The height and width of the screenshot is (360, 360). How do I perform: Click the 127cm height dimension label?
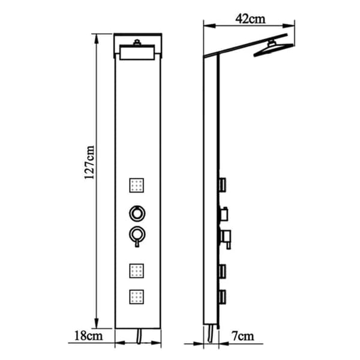pos(89,162)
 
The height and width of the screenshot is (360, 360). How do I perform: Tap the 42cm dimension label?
pos(250,19)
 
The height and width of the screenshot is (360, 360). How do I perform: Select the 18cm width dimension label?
pos(88,336)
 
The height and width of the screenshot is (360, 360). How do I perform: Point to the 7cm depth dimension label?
pos(243,337)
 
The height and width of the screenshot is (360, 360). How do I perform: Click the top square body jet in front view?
pos(137,185)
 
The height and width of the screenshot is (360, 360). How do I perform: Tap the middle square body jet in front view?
pos(137,271)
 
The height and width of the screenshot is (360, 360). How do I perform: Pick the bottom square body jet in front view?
pos(137,297)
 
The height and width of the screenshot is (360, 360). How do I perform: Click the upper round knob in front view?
pos(137,214)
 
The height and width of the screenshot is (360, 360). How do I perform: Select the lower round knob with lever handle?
pos(137,236)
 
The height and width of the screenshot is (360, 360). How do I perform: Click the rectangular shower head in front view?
pos(137,52)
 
